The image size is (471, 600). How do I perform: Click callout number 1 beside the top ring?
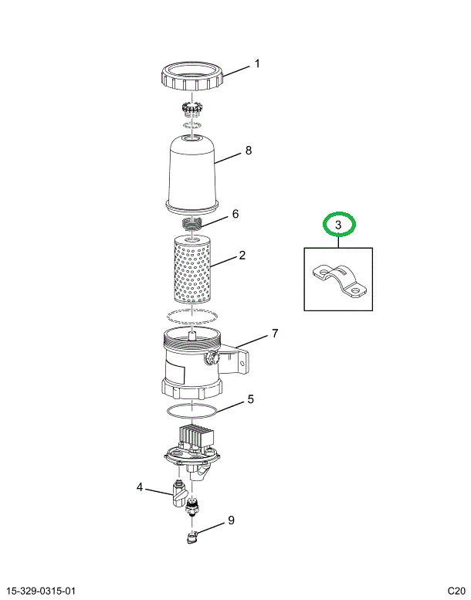click(257, 63)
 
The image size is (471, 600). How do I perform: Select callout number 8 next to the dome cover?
click(249, 151)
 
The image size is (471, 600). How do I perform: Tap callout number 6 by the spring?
click(235, 214)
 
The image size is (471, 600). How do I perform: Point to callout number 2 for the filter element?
click(242, 255)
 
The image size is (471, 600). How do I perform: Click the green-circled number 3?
click(338, 225)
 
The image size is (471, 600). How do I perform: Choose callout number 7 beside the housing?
click(275, 334)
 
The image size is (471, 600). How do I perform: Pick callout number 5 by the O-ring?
click(251, 399)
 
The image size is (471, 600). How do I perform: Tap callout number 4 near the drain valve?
click(140, 487)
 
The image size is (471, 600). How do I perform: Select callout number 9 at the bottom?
click(231, 520)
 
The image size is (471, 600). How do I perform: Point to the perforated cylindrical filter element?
click(192, 269)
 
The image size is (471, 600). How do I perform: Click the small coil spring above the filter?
click(192, 223)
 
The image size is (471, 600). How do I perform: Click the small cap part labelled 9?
click(191, 537)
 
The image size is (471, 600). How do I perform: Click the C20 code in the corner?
click(456, 591)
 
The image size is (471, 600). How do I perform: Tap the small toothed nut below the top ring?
click(191, 108)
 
